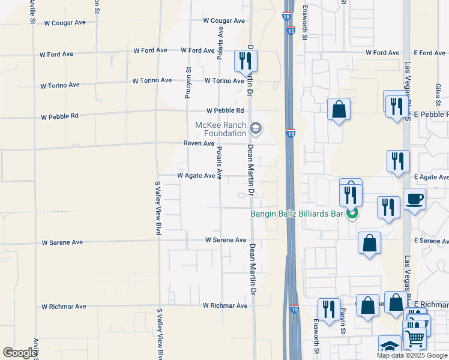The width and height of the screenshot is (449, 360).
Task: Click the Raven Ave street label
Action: coord(199,144)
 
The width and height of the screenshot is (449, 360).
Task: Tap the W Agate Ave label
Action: coord(196,176)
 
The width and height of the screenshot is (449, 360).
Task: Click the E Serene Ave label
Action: coord(431,241)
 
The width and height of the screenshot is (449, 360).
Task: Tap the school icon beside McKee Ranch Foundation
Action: coord(256,127)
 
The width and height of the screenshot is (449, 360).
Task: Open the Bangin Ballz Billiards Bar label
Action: coord(297,214)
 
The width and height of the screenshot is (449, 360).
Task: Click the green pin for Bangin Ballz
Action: coord(352,212)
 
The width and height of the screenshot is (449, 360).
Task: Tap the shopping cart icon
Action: coord(414,337)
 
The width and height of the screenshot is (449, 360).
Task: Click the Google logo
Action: coord(20,353)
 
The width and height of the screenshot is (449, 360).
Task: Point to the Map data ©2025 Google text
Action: coord(412,355)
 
